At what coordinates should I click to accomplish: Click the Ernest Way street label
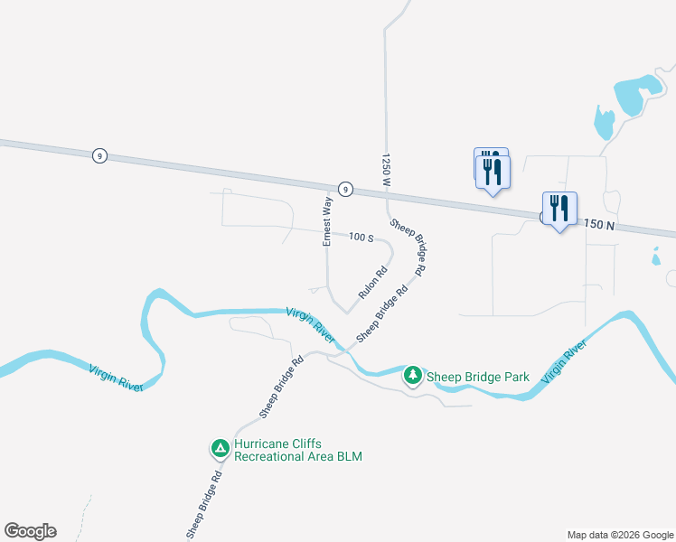[x=328, y=221]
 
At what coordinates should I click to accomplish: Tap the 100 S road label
[x=361, y=238]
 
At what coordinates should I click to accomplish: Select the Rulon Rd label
[x=373, y=283]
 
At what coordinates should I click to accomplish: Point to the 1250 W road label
[x=386, y=169]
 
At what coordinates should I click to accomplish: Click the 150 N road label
[x=599, y=223]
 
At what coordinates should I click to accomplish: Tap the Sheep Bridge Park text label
[x=477, y=375]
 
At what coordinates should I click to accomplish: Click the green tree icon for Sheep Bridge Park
[x=413, y=374]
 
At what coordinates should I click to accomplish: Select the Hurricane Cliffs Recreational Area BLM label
[x=297, y=450]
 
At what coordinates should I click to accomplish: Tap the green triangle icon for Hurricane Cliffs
[x=220, y=447]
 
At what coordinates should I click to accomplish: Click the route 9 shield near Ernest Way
[x=344, y=189]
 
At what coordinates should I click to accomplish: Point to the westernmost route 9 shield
[x=99, y=156]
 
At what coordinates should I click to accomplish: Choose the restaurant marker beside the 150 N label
[x=559, y=210]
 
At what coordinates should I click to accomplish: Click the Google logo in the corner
[x=30, y=531]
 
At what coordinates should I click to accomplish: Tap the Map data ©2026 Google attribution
[x=620, y=535]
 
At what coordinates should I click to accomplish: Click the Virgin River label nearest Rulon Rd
[x=311, y=323]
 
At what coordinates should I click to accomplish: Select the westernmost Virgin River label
[x=116, y=377]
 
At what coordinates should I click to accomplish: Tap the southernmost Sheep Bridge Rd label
[x=203, y=505]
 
